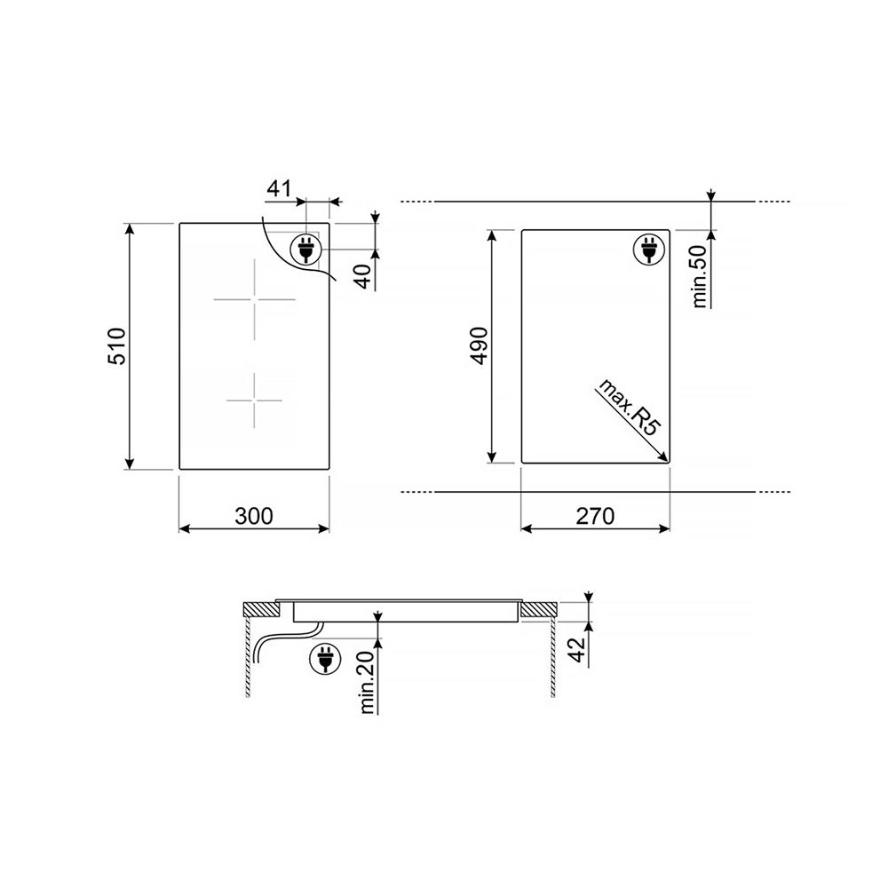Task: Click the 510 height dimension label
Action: tap(117, 346)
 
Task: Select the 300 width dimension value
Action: tap(254, 516)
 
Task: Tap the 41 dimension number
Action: tap(279, 188)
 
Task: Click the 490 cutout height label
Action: tap(480, 346)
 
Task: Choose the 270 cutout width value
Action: tap(595, 516)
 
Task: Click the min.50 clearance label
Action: tap(700, 276)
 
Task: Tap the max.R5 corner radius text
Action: tap(630, 408)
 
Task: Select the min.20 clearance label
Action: tap(368, 682)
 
